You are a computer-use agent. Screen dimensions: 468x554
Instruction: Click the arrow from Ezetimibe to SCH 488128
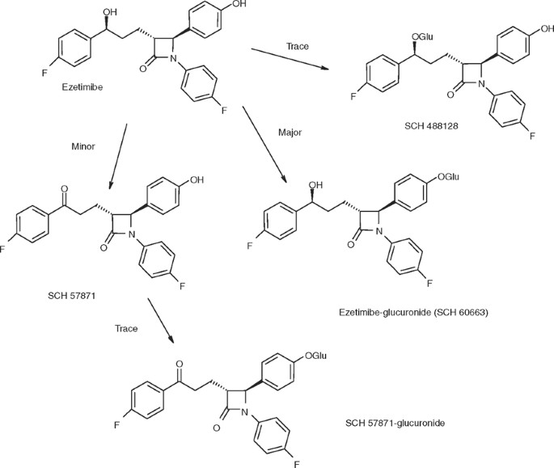(292, 62)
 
